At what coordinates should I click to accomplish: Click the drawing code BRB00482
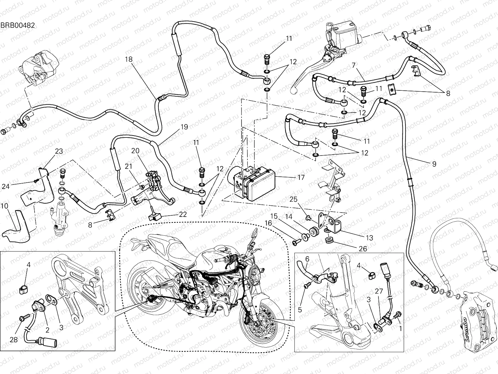click(17, 25)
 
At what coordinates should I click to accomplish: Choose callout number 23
click(59, 151)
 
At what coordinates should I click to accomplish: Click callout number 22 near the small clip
click(183, 214)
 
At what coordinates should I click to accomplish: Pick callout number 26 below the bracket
click(363, 249)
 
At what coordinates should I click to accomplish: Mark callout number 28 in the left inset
click(13, 339)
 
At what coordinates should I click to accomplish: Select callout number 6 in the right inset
click(307, 258)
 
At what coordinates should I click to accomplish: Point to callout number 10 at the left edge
click(4, 206)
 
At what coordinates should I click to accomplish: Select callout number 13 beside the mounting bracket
click(369, 238)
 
